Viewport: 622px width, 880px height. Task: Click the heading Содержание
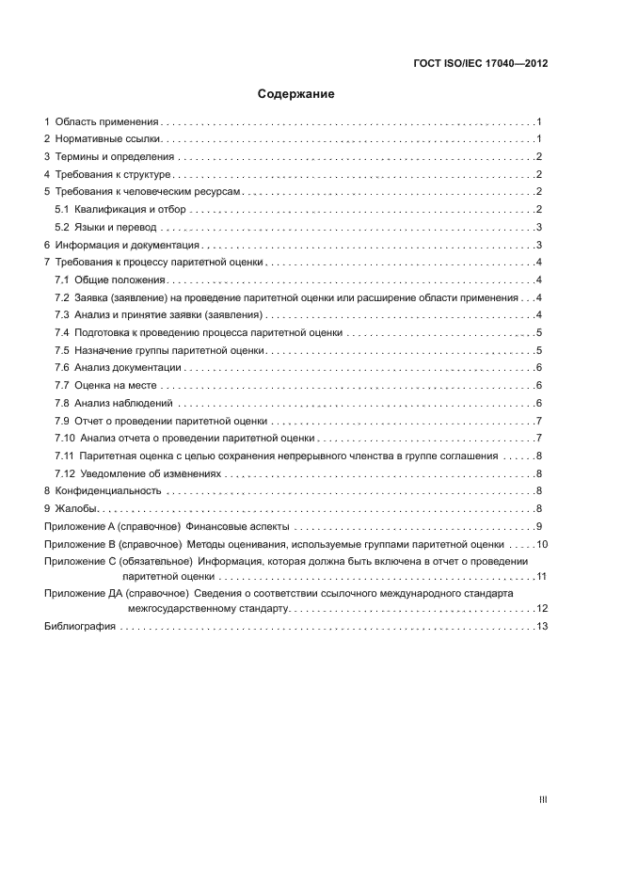(296, 94)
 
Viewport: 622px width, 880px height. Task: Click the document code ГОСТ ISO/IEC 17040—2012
(480, 64)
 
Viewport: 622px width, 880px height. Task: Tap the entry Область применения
(106, 122)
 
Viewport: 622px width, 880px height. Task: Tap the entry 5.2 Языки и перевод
(105, 228)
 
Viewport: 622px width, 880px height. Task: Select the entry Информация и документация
(119, 245)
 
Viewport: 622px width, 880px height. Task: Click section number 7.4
(62, 333)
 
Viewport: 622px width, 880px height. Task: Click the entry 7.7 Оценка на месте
(105, 386)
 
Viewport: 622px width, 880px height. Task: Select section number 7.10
(65, 439)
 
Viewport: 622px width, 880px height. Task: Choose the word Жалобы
(75, 509)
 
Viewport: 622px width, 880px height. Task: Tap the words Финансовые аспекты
(239, 527)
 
